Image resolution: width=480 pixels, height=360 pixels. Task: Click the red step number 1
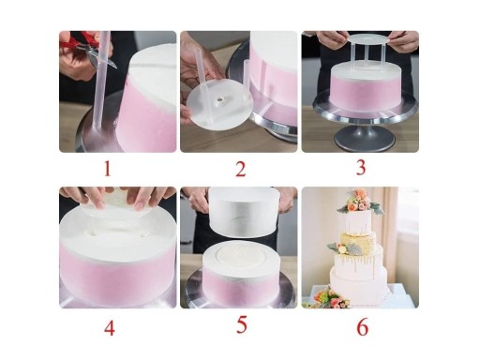108,169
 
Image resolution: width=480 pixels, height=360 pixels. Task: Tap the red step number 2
240,169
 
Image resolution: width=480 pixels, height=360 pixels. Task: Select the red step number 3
361,167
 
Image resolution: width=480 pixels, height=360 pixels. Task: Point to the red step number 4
109,328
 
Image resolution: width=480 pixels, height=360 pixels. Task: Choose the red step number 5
242,325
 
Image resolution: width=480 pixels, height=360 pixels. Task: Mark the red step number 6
362,327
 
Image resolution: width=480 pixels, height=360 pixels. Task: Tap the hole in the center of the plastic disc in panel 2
219,100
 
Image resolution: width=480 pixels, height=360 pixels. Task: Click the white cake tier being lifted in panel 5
244,212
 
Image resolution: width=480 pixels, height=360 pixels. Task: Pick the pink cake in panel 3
366,86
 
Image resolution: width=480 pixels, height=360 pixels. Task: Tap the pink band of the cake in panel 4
117,272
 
